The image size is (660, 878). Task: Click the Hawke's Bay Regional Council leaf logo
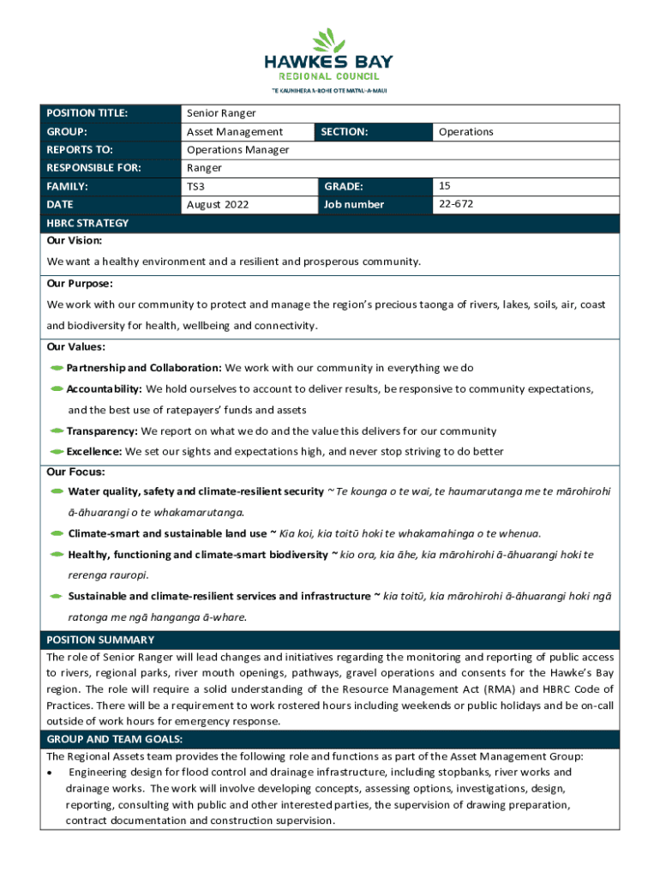(x=328, y=40)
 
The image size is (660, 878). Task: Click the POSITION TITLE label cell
(x=87, y=113)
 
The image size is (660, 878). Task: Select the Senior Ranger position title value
(x=221, y=113)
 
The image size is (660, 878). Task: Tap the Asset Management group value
(x=235, y=132)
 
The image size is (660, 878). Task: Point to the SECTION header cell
(x=345, y=132)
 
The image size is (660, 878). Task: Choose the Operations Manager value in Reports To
(x=237, y=150)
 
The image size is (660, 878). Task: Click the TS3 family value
(x=195, y=186)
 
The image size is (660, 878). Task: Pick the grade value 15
(x=444, y=185)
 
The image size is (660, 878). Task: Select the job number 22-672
(x=455, y=204)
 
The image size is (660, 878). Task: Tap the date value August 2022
(x=218, y=205)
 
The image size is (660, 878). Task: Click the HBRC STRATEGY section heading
(x=87, y=223)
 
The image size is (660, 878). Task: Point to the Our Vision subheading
(x=74, y=241)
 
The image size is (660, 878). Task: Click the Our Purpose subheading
(x=80, y=283)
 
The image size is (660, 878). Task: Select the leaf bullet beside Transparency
(x=57, y=431)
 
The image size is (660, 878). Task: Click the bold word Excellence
(x=94, y=452)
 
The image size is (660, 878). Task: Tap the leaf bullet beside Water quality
(x=57, y=492)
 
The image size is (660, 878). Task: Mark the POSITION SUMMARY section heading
(x=100, y=640)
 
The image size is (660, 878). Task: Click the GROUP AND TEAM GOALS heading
(x=115, y=739)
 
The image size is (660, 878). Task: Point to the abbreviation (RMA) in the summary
(x=507, y=689)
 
